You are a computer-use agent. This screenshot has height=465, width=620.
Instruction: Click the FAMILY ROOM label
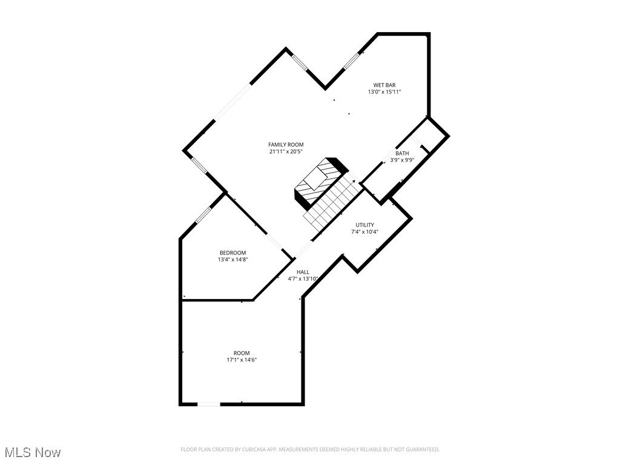coord(286,145)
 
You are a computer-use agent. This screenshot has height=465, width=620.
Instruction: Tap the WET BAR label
coord(384,85)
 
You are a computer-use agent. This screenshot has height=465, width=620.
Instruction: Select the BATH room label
coord(402,153)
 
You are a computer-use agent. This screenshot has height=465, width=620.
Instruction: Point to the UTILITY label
coord(364,225)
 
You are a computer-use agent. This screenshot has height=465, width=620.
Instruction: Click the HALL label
coord(303,272)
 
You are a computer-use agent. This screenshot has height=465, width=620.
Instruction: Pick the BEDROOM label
coord(232,252)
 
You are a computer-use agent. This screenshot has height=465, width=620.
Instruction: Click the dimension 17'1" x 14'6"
coord(242,360)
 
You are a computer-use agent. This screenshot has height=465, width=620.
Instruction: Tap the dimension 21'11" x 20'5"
coord(286,152)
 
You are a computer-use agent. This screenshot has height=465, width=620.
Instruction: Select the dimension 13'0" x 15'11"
coord(384,92)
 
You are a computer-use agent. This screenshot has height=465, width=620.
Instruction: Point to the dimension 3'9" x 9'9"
coord(402,160)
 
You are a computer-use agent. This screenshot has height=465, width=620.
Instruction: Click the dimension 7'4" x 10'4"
coord(364,231)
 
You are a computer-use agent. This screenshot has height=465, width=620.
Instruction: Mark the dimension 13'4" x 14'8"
coord(232,260)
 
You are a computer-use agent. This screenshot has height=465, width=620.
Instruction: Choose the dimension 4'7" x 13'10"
coord(303,279)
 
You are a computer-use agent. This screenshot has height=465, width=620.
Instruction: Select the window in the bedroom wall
coord(203,215)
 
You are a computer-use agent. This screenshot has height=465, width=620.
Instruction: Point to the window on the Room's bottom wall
coord(209,404)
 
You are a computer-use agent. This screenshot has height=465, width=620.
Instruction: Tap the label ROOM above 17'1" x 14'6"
coord(242,353)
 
